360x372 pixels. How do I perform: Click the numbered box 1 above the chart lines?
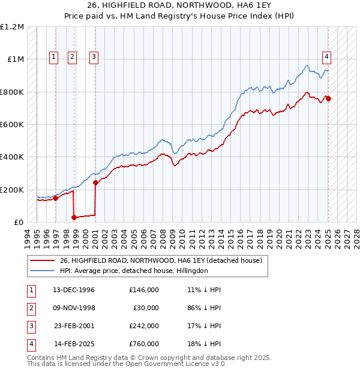[54, 57]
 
